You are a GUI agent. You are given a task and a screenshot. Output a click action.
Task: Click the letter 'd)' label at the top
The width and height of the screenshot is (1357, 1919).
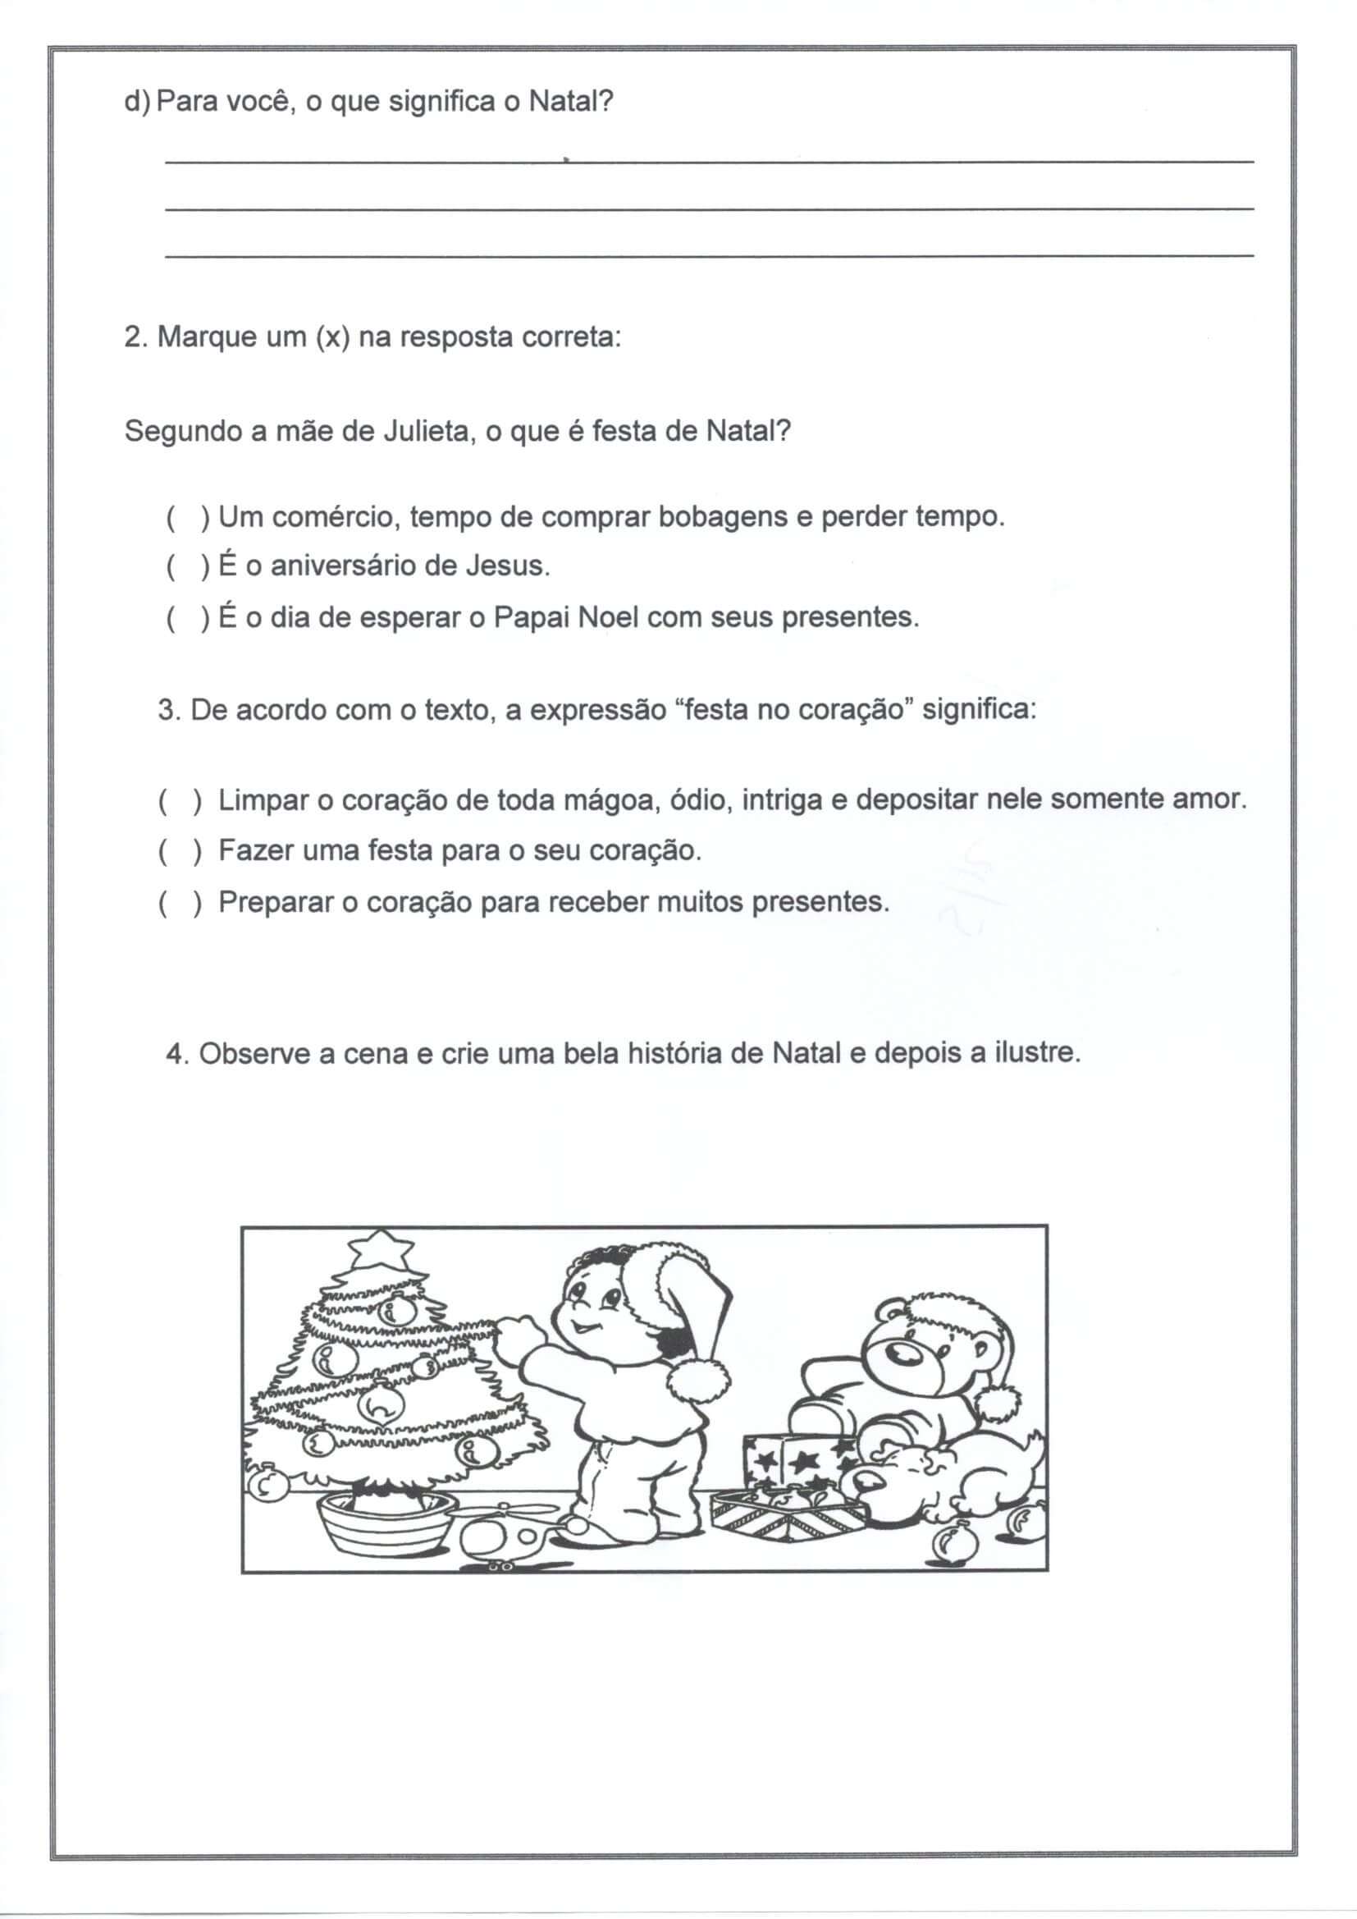point(136,102)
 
